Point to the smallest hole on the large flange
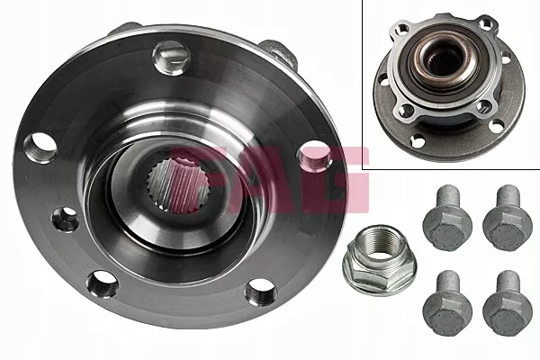(67, 219)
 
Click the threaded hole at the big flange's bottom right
(260, 291)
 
